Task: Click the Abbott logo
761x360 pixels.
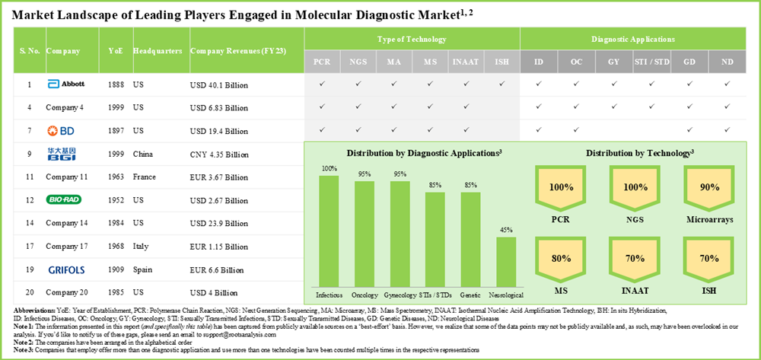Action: pyautogui.click(x=65, y=84)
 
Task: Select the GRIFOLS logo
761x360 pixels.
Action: pyautogui.click(x=68, y=269)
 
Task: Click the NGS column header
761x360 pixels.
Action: pyautogui.click(x=358, y=61)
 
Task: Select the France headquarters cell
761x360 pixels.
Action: pyautogui.click(x=144, y=177)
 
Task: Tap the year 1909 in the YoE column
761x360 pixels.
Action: pyautogui.click(x=115, y=269)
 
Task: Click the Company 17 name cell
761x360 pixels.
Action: pyautogui.click(x=68, y=246)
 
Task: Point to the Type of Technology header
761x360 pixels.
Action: pyautogui.click(x=412, y=39)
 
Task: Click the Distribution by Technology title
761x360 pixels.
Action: pyautogui.click(x=638, y=153)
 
